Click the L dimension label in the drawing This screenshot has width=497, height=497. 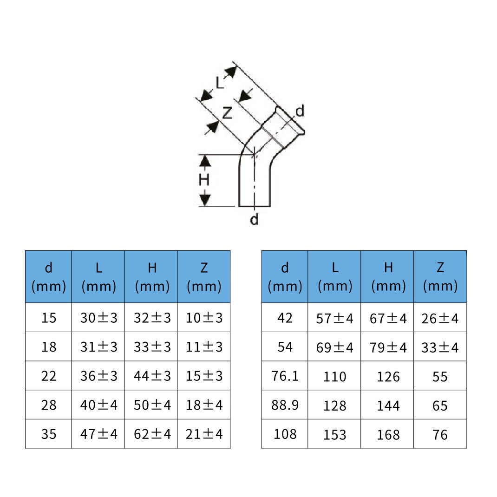(x=219, y=83)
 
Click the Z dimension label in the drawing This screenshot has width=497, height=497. (x=226, y=112)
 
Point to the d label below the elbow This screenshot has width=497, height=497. (x=254, y=219)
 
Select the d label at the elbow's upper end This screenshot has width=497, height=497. (x=300, y=111)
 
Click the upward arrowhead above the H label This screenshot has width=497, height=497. (x=205, y=161)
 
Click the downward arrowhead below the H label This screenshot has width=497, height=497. (x=205, y=200)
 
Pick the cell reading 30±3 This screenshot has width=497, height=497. (x=98, y=318)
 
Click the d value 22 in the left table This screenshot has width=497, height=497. (x=49, y=376)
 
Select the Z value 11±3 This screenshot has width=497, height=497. (x=204, y=347)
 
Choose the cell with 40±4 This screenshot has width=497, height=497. (x=98, y=405)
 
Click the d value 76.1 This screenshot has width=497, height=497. (x=285, y=376)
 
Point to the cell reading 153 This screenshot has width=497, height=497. (x=334, y=434)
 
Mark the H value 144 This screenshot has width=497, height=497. (x=387, y=405)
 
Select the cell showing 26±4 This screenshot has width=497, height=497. (x=439, y=319)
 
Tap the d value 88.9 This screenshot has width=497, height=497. (x=285, y=405)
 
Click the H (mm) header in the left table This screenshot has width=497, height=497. (x=151, y=277)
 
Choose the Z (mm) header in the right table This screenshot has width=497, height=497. (x=440, y=277)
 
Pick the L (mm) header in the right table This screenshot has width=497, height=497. (x=334, y=277)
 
